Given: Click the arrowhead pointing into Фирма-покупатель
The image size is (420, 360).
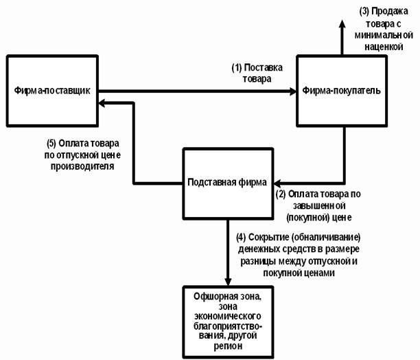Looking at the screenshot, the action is [293, 91].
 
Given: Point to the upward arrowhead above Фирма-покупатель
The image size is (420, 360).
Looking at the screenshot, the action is [342, 24].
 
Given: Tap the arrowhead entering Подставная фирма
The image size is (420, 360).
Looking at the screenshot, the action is [277, 183].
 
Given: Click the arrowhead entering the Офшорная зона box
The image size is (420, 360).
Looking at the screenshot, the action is [228, 282].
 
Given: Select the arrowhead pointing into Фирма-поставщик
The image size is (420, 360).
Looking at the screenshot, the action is [102, 103].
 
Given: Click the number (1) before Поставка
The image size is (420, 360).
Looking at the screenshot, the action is [237, 68].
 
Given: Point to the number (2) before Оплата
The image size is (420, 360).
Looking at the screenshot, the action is [281, 194].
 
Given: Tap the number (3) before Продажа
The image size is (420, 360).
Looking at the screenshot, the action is [364, 12].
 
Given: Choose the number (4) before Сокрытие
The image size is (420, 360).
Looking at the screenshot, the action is [241, 238].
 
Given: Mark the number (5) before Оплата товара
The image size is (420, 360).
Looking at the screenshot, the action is [51, 144].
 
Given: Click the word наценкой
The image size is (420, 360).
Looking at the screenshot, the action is [384, 47].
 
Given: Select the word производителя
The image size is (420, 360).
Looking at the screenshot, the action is [82, 166].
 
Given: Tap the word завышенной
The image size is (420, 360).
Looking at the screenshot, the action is [318, 206].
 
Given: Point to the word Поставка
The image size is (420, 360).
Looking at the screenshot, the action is [264, 67].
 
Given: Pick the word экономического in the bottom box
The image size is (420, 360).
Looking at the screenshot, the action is [228, 316].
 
